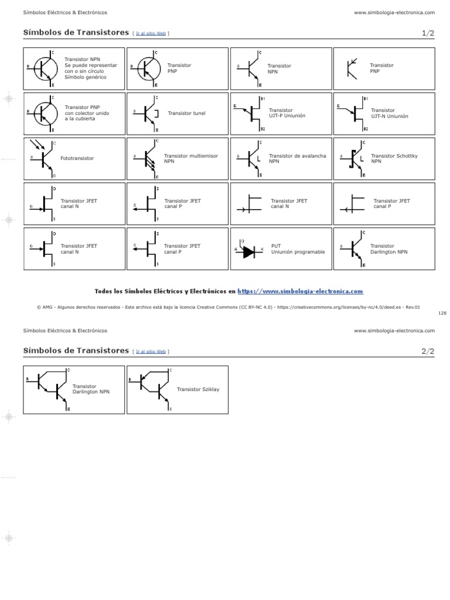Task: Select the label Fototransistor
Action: [77, 158]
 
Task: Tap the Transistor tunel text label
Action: [187, 113]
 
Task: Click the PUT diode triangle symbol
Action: [249, 251]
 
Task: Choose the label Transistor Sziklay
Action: [198, 389]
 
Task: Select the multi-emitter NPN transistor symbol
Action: [148, 159]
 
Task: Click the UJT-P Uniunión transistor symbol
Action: [251, 112]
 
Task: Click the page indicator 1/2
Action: [428, 33]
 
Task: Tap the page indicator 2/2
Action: [428, 351]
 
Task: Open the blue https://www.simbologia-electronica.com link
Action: [301, 291]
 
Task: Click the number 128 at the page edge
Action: [442, 313]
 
